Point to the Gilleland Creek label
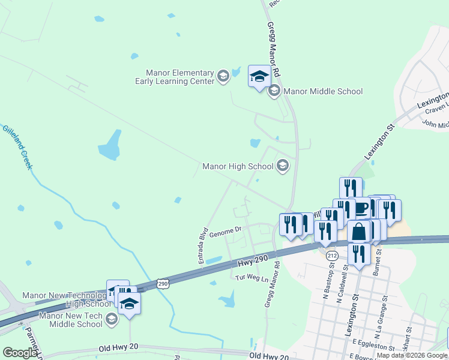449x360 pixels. tap(17, 146)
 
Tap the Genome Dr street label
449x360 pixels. tap(225, 229)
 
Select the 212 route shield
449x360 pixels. tap(332, 256)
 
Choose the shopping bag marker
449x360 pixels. tap(358, 231)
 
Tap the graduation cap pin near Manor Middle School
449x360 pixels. tap(259, 76)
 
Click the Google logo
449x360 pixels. tap(19, 353)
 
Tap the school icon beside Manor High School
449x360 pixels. tap(282, 166)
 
